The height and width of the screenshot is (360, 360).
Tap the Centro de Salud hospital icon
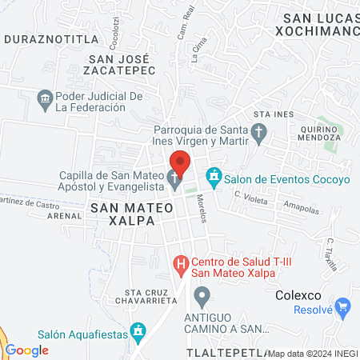pyautogui.click(x=182, y=262)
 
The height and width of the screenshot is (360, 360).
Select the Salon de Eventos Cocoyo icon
pyautogui.click(x=214, y=174)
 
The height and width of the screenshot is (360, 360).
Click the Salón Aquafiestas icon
pyautogui.click(x=138, y=330)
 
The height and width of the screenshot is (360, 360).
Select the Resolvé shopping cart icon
pyautogui.click(x=343, y=305)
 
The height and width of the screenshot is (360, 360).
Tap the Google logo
pyautogui.click(x=26, y=350)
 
